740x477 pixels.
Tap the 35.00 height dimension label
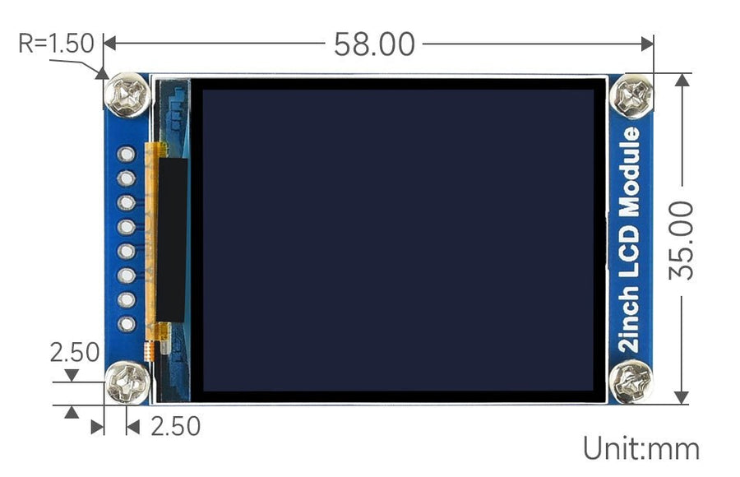coord(682,239)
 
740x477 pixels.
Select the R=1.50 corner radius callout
coord(56,44)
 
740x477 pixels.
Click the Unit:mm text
coord(641,449)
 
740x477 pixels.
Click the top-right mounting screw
coord(632,95)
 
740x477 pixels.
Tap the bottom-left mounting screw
coord(127,382)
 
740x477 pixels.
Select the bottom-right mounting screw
coord(631,382)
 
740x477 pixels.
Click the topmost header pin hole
coord(127,154)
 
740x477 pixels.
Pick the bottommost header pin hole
coord(127,324)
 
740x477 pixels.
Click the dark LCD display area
coord(398,239)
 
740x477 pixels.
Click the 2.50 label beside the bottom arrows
coord(172,426)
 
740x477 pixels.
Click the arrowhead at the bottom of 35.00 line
coord(682,396)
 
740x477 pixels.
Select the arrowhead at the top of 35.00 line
coord(682,81)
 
